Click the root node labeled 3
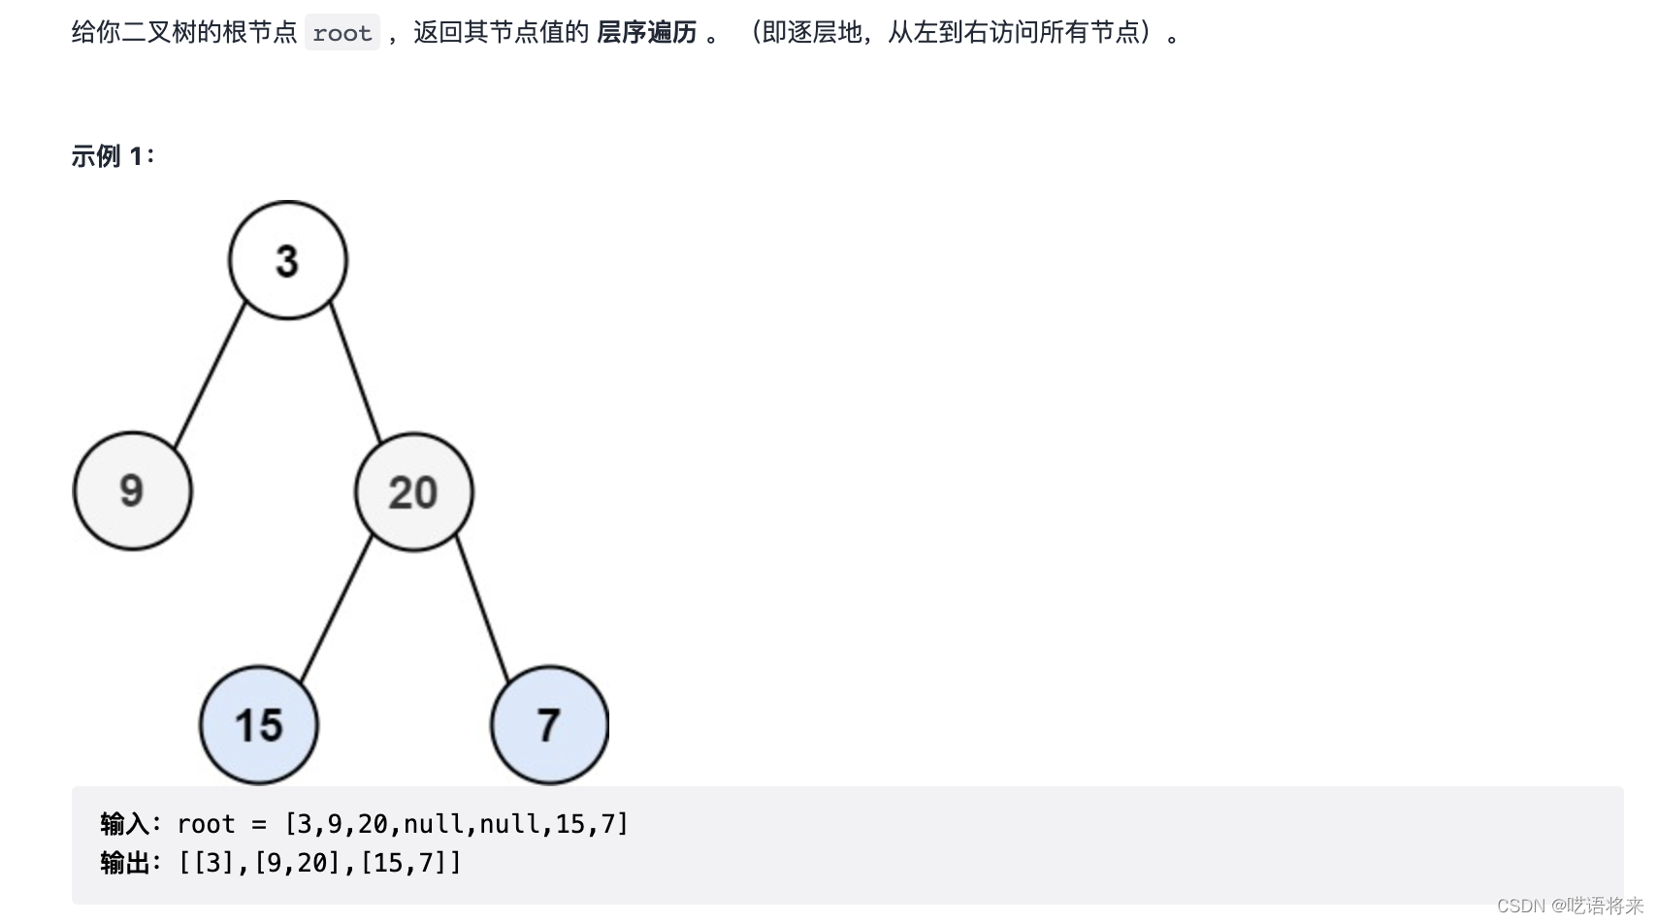tap(287, 260)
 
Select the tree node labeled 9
tap(132, 491)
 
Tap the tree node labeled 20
tap(413, 492)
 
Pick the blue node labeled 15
tap(258, 725)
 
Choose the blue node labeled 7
tap(549, 725)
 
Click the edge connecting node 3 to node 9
tap(210, 376)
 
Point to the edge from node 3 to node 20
tap(355, 374)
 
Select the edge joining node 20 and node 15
tap(336, 609)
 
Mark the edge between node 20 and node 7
tap(482, 609)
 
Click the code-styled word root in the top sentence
tap(342, 34)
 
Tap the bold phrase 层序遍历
tap(646, 33)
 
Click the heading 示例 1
tap(112, 156)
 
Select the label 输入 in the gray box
tap(125, 824)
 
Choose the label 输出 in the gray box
tap(125, 862)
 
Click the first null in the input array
tap(433, 824)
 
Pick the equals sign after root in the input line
tap(259, 824)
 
